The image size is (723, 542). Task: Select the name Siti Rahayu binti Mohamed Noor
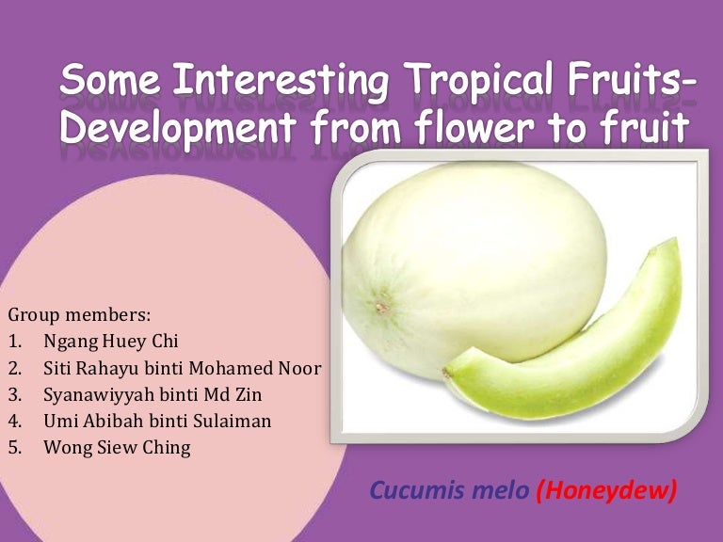click(x=182, y=367)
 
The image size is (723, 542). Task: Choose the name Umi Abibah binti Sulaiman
click(x=157, y=421)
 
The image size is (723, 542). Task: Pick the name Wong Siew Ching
click(x=117, y=448)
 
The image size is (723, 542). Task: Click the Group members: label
click(x=78, y=313)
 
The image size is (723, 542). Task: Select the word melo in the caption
click(x=490, y=490)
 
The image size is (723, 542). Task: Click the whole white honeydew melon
click(x=442, y=273)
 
